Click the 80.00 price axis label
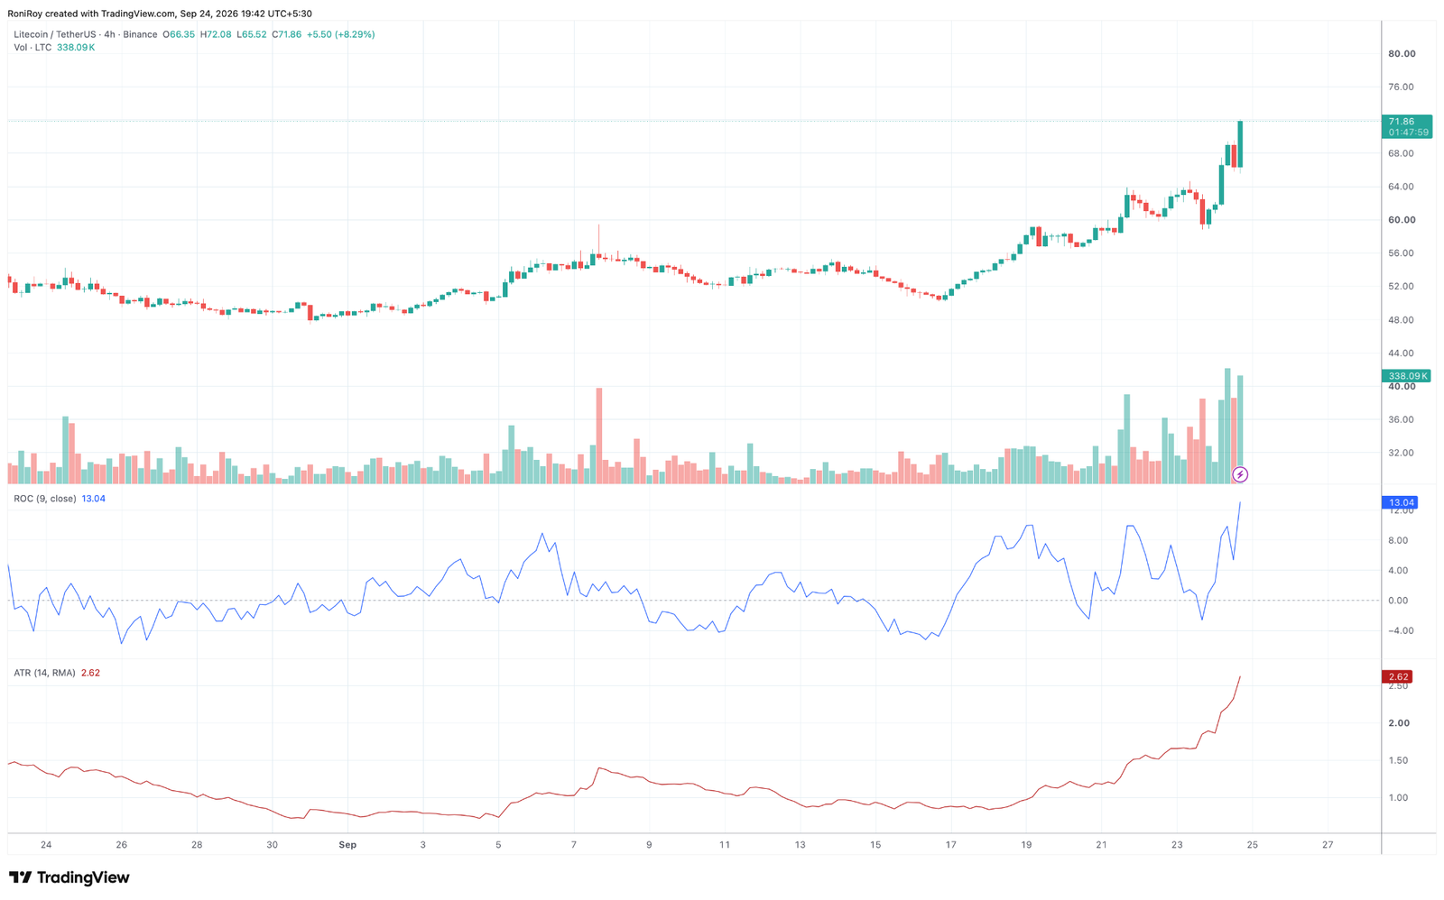[1402, 53]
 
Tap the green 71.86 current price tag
[1406, 126]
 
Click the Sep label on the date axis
[347, 845]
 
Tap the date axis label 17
[951, 845]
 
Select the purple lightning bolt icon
[1240, 475]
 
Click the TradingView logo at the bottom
[69, 877]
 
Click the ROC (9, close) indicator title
[45, 499]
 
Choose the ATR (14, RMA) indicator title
[44, 673]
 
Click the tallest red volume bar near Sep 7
[599, 436]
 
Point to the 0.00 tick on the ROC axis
[1398, 601]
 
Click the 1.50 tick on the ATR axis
[1398, 760]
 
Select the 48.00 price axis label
[1402, 319]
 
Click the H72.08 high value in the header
[216, 34]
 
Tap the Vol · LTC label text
[32, 48]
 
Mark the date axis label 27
[1328, 845]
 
